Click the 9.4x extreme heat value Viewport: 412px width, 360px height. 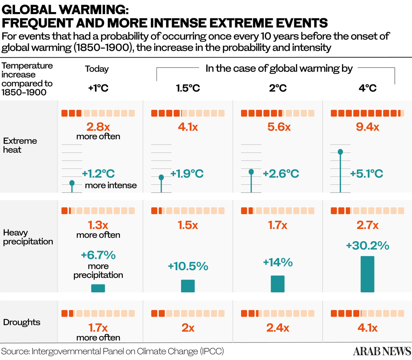[367, 127]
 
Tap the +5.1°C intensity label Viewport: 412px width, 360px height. [366, 173]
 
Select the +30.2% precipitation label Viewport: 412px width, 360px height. [367, 246]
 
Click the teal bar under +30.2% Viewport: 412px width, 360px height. [367, 274]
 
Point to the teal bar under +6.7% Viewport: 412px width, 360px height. [98, 288]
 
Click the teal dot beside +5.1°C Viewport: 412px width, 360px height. [340, 152]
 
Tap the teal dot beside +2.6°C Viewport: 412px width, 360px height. [251, 172]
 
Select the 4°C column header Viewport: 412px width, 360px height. [367, 88]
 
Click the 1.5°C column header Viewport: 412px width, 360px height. [188, 88]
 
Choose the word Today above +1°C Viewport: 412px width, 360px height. [97, 69]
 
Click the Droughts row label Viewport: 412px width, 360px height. [22, 322]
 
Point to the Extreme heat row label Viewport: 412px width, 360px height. [20, 145]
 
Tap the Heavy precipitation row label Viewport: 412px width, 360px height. [28, 237]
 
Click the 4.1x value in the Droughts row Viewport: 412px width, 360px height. [367, 328]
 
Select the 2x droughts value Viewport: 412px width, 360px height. [188, 328]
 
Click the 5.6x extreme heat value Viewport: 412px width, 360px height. [279, 127]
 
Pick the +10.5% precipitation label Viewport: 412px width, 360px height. [188, 266]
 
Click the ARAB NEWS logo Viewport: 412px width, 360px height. [382, 351]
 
